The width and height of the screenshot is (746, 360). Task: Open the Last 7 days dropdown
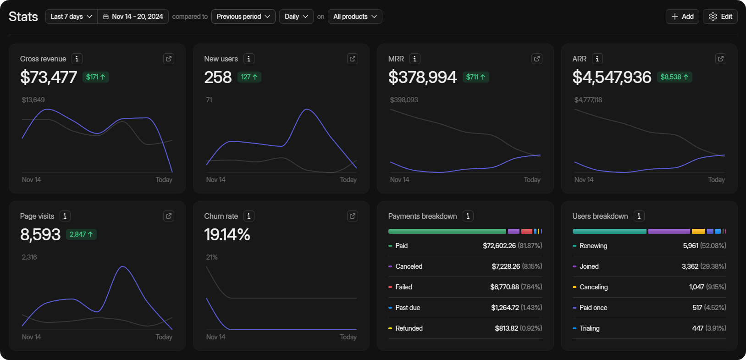pyautogui.click(x=71, y=17)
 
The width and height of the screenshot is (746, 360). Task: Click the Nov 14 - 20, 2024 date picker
pyautogui.click(x=133, y=17)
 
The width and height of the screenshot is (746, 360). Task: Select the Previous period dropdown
pyautogui.click(x=243, y=17)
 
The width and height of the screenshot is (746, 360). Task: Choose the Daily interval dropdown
pyautogui.click(x=296, y=17)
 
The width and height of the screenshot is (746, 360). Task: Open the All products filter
pyautogui.click(x=355, y=17)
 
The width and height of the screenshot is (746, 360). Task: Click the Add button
pyautogui.click(x=682, y=17)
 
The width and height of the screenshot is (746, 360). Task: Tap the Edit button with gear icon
pyautogui.click(x=720, y=17)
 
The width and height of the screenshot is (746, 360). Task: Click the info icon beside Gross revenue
pyautogui.click(x=77, y=59)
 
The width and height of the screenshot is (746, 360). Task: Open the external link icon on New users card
pyautogui.click(x=353, y=59)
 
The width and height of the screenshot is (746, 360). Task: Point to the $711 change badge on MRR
pyautogui.click(x=475, y=77)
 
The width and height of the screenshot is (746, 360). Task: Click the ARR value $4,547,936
pyautogui.click(x=612, y=77)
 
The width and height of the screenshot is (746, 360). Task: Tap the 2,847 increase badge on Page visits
pyautogui.click(x=81, y=234)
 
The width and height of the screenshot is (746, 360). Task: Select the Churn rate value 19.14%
pyautogui.click(x=227, y=235)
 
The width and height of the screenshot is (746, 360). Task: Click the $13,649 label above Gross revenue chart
pyautogui.click(x=33, y=100)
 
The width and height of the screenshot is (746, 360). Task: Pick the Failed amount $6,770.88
pyautogui.click(x=504, y=287)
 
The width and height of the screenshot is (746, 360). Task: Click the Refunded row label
pyautogui.click(x=409, y=328)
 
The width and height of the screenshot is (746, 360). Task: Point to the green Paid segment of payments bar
pyautogui.click(x=447, y=232)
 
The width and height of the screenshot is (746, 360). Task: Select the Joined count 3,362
pyautogui.click(x=690, y=266)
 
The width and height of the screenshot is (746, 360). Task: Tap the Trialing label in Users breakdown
pyautogui.click(x=589, y=328)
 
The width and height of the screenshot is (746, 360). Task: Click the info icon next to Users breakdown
pyautogui.click(x=639, y=216)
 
